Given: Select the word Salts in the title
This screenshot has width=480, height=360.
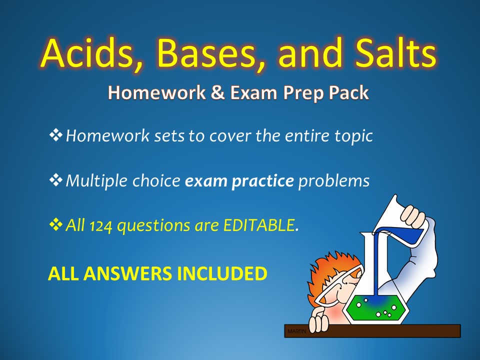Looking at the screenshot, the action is click(x=395, y=52).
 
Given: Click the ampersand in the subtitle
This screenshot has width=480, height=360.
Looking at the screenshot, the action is click(x=217, y=92).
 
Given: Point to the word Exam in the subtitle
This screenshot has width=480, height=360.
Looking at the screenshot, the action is click(x=253, y=92).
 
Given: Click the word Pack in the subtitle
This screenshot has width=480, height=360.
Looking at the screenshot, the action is click(x=348, y=92).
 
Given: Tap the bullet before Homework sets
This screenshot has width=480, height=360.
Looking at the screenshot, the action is click(x=55, y=135).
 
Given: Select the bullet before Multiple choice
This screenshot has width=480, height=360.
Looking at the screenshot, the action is click(x=55, y=180).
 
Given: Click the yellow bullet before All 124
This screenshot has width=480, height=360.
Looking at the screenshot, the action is click(x=55, y=225).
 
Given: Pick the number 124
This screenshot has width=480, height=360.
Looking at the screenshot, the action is click(x=100, y=226).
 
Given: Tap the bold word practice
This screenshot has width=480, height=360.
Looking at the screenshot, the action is click(x=262, y=181).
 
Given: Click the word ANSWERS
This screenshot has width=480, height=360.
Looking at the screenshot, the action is click(x=127, y=273).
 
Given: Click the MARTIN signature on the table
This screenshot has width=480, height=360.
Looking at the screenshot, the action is click(x=296, y=331).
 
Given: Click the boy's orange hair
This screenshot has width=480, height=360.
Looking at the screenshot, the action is click(x=324, y=269).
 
